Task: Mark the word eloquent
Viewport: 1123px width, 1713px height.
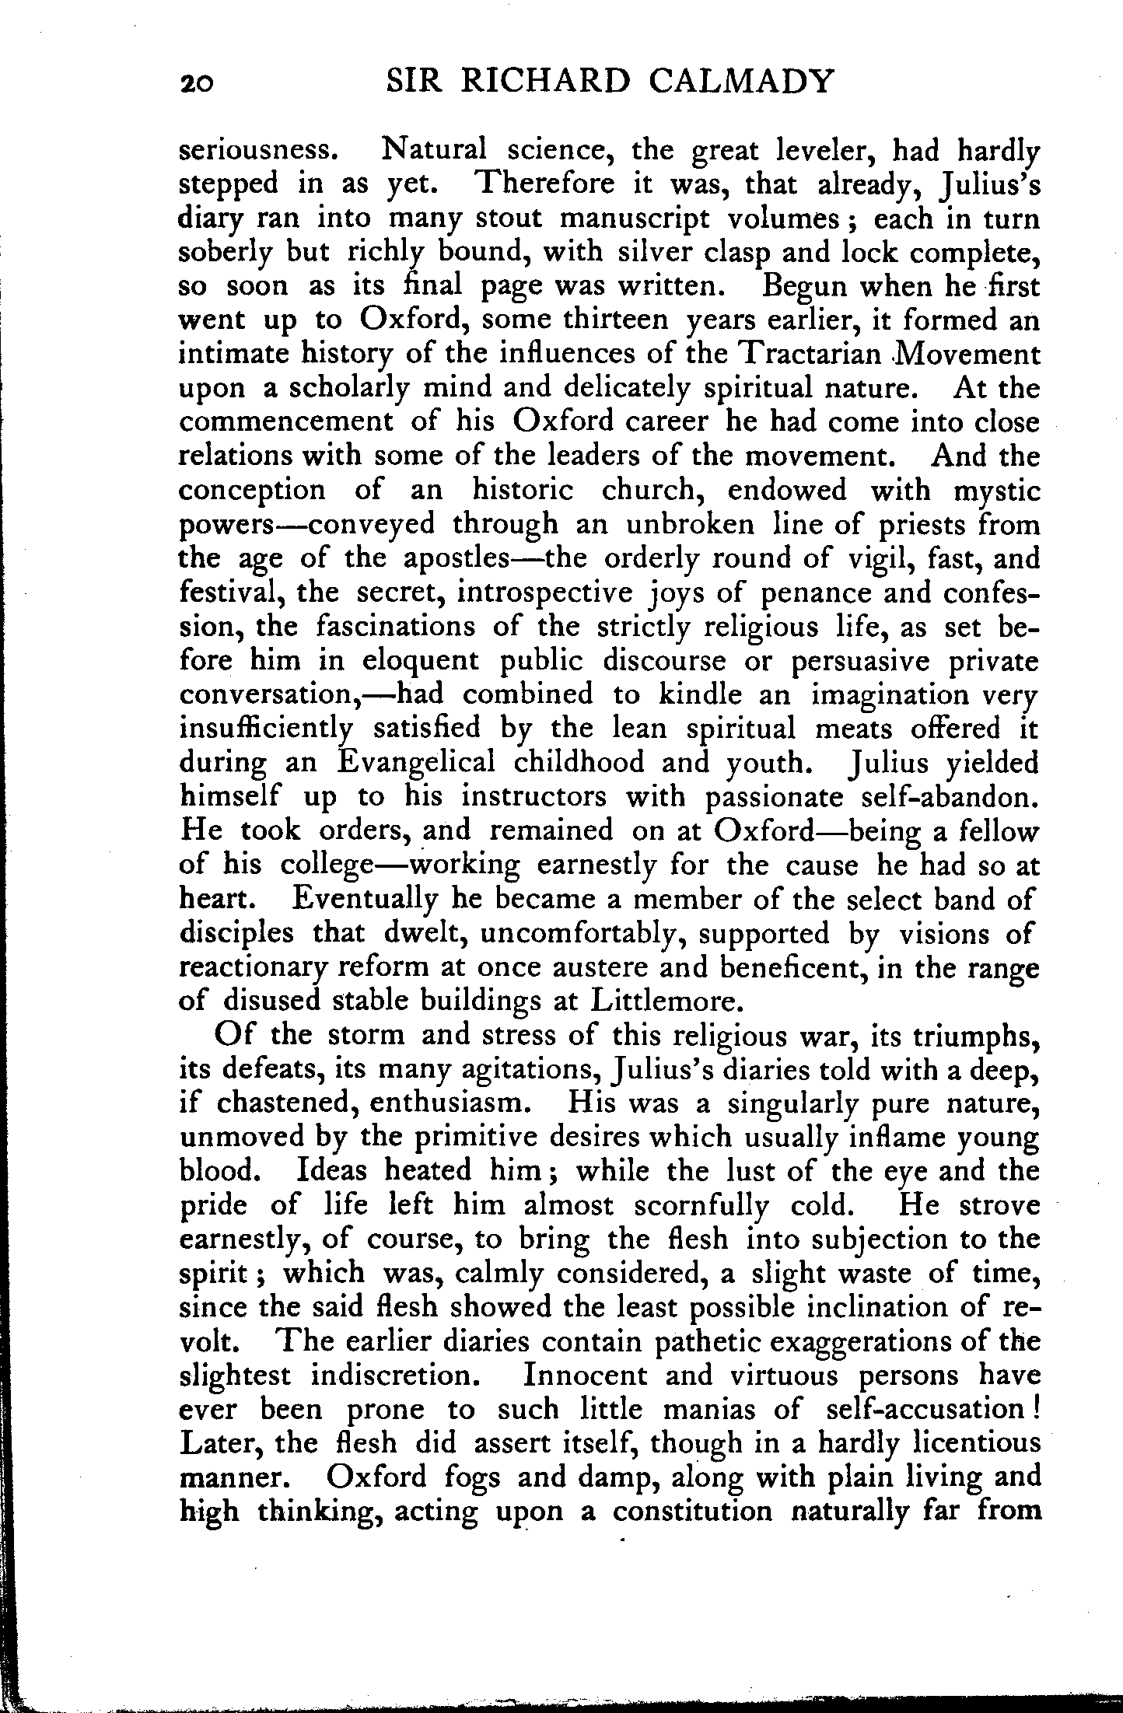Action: (x=421, y=661)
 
